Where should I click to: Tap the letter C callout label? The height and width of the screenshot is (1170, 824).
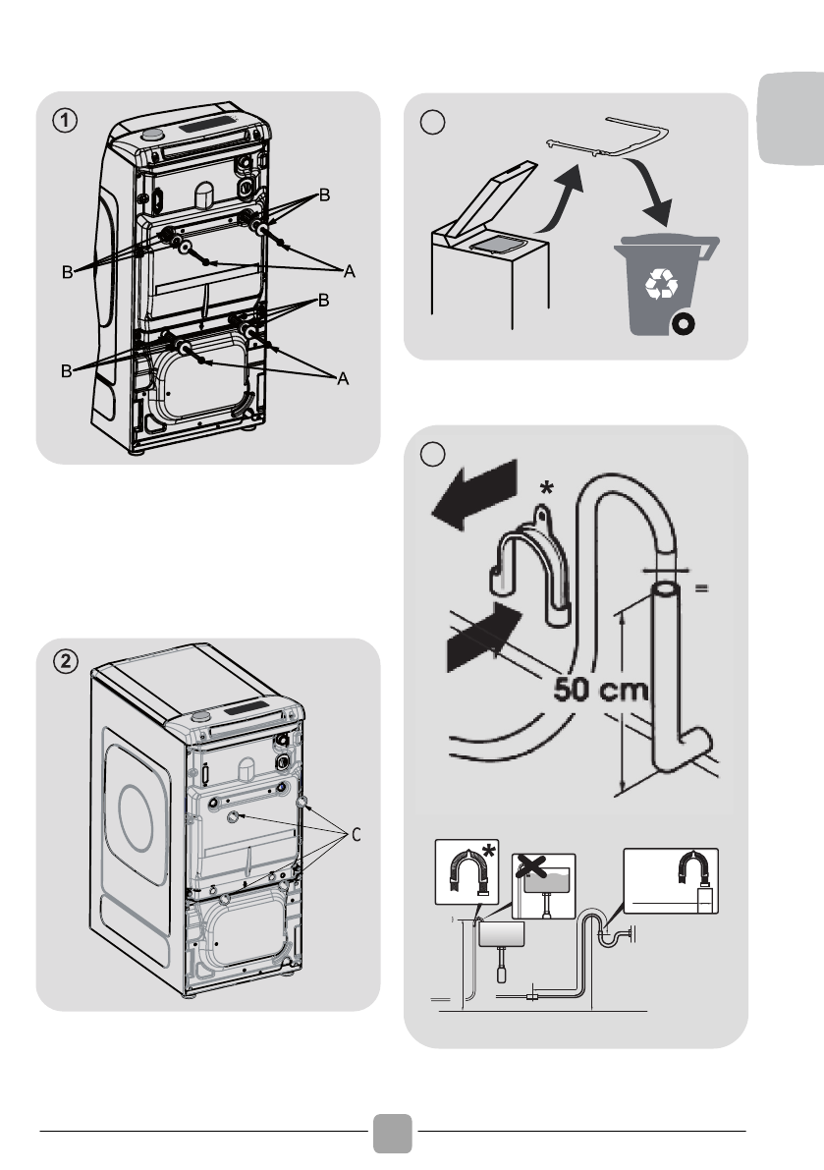pyautogui.click(x=357, y=835)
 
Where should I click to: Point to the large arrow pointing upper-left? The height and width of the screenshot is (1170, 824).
pyautogui.click(x=476, y=493)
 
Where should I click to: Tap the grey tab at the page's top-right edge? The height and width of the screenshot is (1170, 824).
pyautogui.click(x=792, y=117)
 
